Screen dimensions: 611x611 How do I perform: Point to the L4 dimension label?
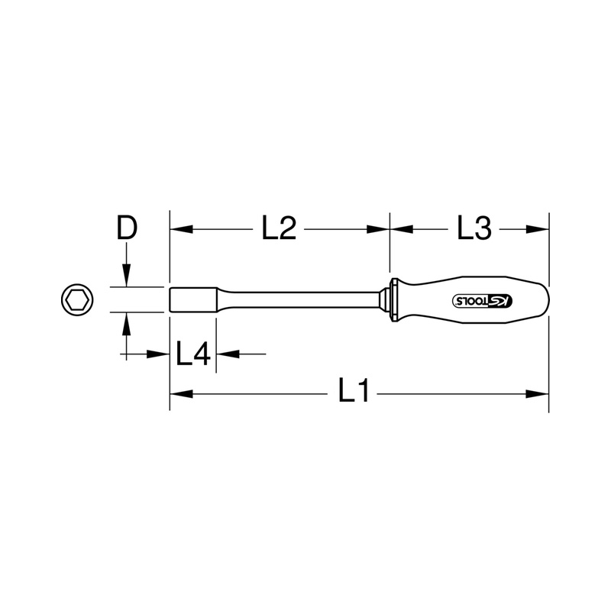193,354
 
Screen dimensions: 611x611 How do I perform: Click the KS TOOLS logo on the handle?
483,300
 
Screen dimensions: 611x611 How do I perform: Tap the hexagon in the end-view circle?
77,299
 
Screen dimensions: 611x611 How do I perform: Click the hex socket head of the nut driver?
193,299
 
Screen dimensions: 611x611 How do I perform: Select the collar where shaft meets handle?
391,299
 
